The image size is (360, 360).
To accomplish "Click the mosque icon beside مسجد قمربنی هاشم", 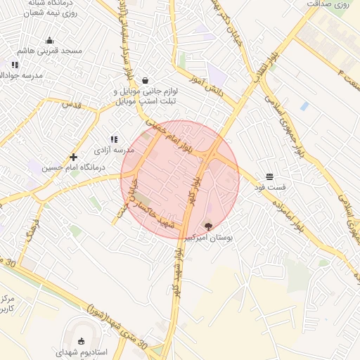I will click(49, 40).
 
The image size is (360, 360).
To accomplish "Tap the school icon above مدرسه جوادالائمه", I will click(15, 65).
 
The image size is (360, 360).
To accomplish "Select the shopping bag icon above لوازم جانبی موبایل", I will click(145, 80).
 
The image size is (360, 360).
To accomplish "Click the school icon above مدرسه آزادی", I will click(114, 139).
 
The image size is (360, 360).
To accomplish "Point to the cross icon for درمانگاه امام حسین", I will click(73, 156).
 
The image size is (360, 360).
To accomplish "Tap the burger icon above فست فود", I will click(270, 176).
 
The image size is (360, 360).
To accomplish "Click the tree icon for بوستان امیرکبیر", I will click(207, 226).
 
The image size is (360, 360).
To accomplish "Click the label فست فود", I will click(271, 188).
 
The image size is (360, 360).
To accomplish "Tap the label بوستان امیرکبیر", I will click(207, 238).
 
